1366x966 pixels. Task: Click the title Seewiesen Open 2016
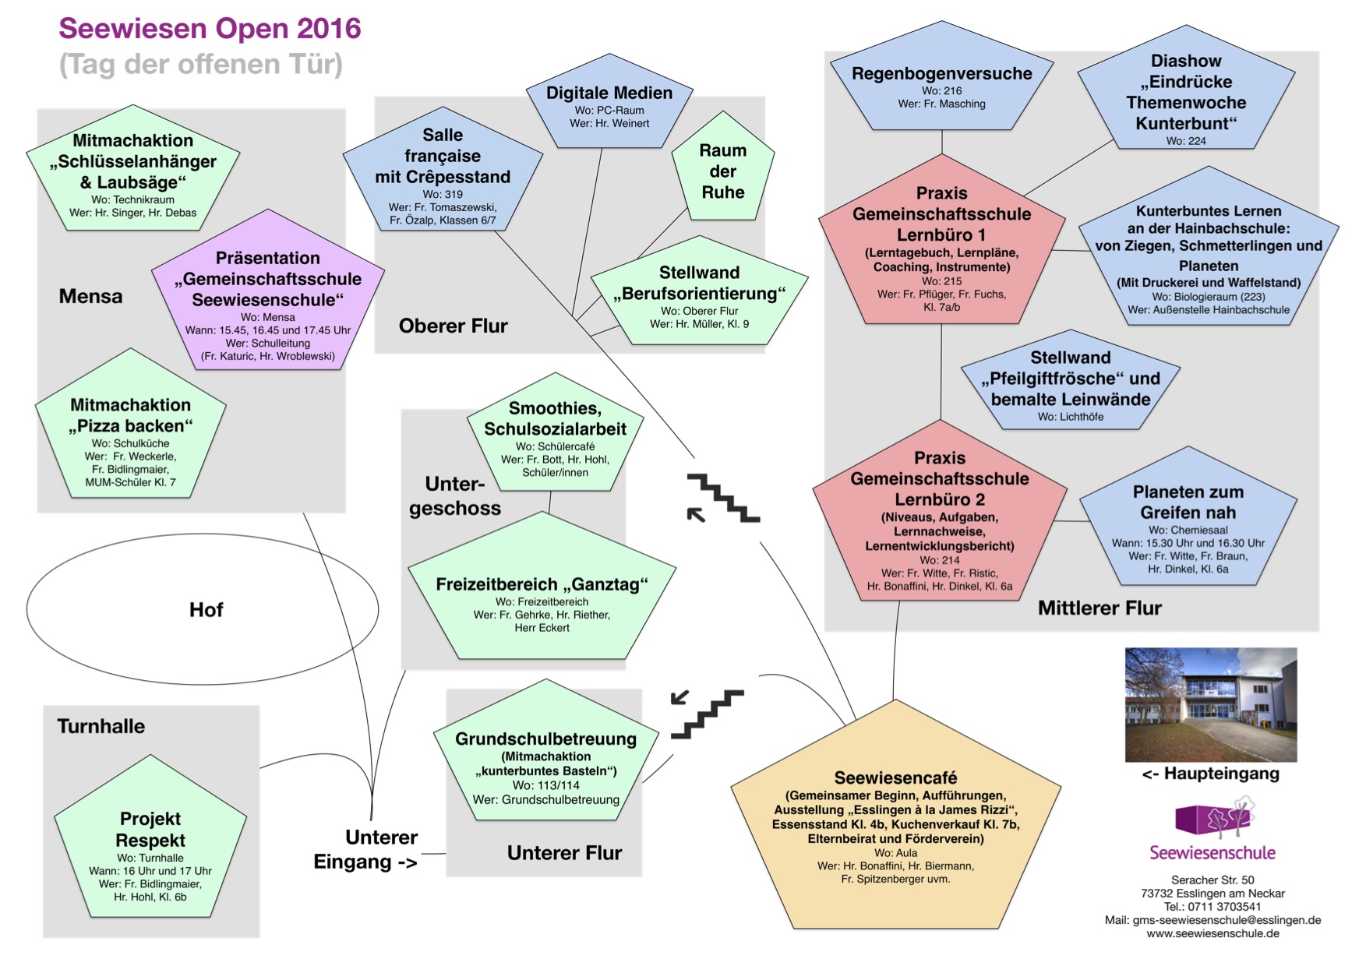coord(210,29)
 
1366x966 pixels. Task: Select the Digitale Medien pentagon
coord(609,105)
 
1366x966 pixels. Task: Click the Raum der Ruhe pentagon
coord(723,171)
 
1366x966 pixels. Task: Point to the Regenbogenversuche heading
coord(941,74)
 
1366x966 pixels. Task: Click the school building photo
coord(1211,704)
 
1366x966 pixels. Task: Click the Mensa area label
coord(90,297)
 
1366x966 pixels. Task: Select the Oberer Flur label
coord(453,326)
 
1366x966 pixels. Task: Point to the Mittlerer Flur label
coord(1100,608)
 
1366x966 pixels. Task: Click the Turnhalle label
coord(101,726)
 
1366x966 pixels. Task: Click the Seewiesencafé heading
coord(895,777)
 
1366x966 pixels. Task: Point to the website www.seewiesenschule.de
coord(1212,933)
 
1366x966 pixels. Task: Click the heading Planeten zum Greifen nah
coord(1188,502)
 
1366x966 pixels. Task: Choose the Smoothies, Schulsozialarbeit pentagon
coord(555,436)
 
